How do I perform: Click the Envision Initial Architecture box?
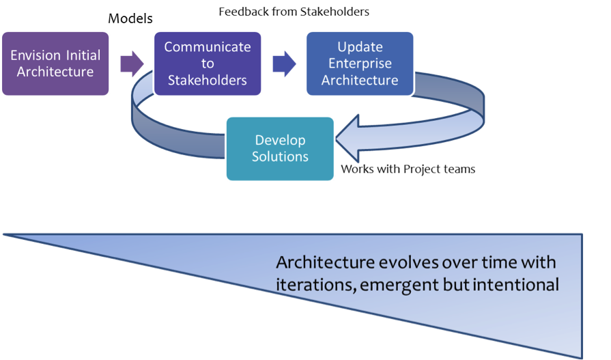(x=55, y=64)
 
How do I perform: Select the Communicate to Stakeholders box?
(x=208, y=64)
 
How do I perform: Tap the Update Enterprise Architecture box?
(x=360, y=64)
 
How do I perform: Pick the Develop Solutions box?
(x=280, y=148)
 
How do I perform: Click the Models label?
(x=130, y=18)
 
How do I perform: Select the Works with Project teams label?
(x=408, y=169)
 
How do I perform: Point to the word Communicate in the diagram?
(x=208, y=47)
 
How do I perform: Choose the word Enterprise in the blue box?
(x=360, y=64)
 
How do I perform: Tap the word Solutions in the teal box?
(x=280, y=156)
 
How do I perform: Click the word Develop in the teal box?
(x=280, y=140)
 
